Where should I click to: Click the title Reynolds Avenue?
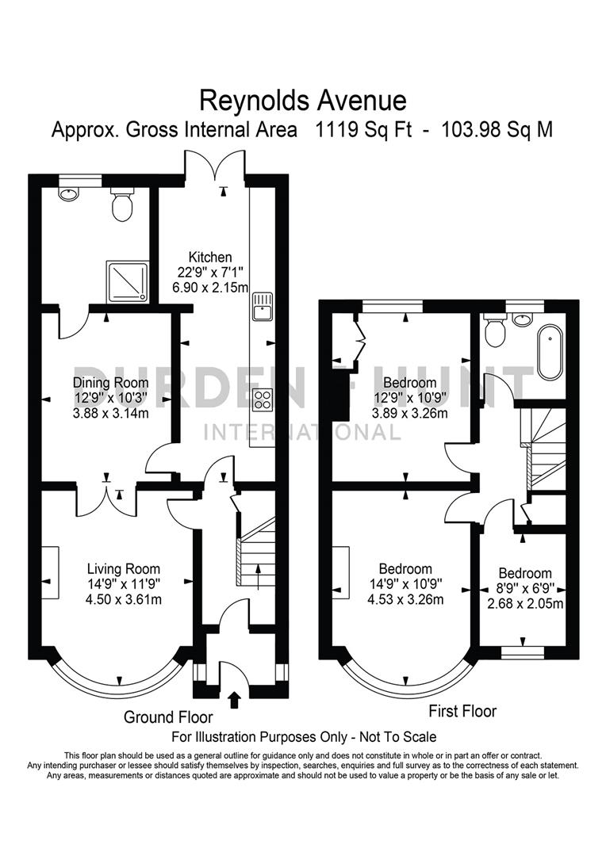tap(302, 101)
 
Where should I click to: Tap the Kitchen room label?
tap(209, 257)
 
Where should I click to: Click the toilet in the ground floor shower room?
tap(122, 205)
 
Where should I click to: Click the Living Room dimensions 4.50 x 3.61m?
tap(124, 598)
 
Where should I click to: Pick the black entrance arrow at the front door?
tap(234, 698)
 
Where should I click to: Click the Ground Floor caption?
tap(168, 717)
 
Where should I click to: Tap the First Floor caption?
tap(462, 711)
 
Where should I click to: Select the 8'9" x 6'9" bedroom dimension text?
tap(524, 589)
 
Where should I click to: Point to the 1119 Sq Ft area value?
tap(364, 129)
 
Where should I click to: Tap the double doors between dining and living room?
tap(105, 499)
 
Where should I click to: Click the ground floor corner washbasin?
tap(69, 193)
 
